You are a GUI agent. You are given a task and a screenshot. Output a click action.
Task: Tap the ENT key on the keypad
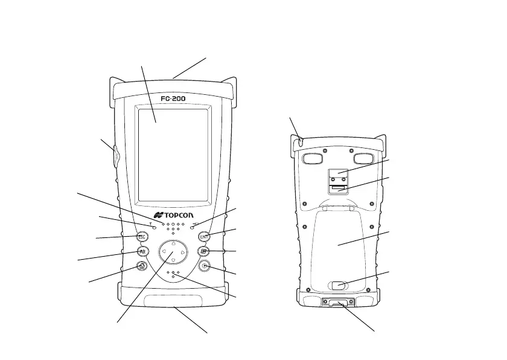click(204, 237)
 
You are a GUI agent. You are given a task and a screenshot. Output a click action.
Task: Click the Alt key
click(143, 251)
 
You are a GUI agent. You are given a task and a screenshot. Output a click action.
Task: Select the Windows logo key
click(204, 251)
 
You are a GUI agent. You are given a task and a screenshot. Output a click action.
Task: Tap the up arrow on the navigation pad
click(173, 244)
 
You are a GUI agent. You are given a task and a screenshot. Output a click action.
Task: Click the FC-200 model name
click(174, 98)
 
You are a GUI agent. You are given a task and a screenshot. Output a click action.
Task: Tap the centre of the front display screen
click(173, 154)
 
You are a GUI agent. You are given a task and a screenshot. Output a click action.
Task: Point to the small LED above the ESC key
click(155, 228)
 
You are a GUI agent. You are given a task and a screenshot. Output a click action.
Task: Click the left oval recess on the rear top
click(312, 158)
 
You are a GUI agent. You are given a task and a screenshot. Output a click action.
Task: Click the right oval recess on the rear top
click(363, 158)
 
